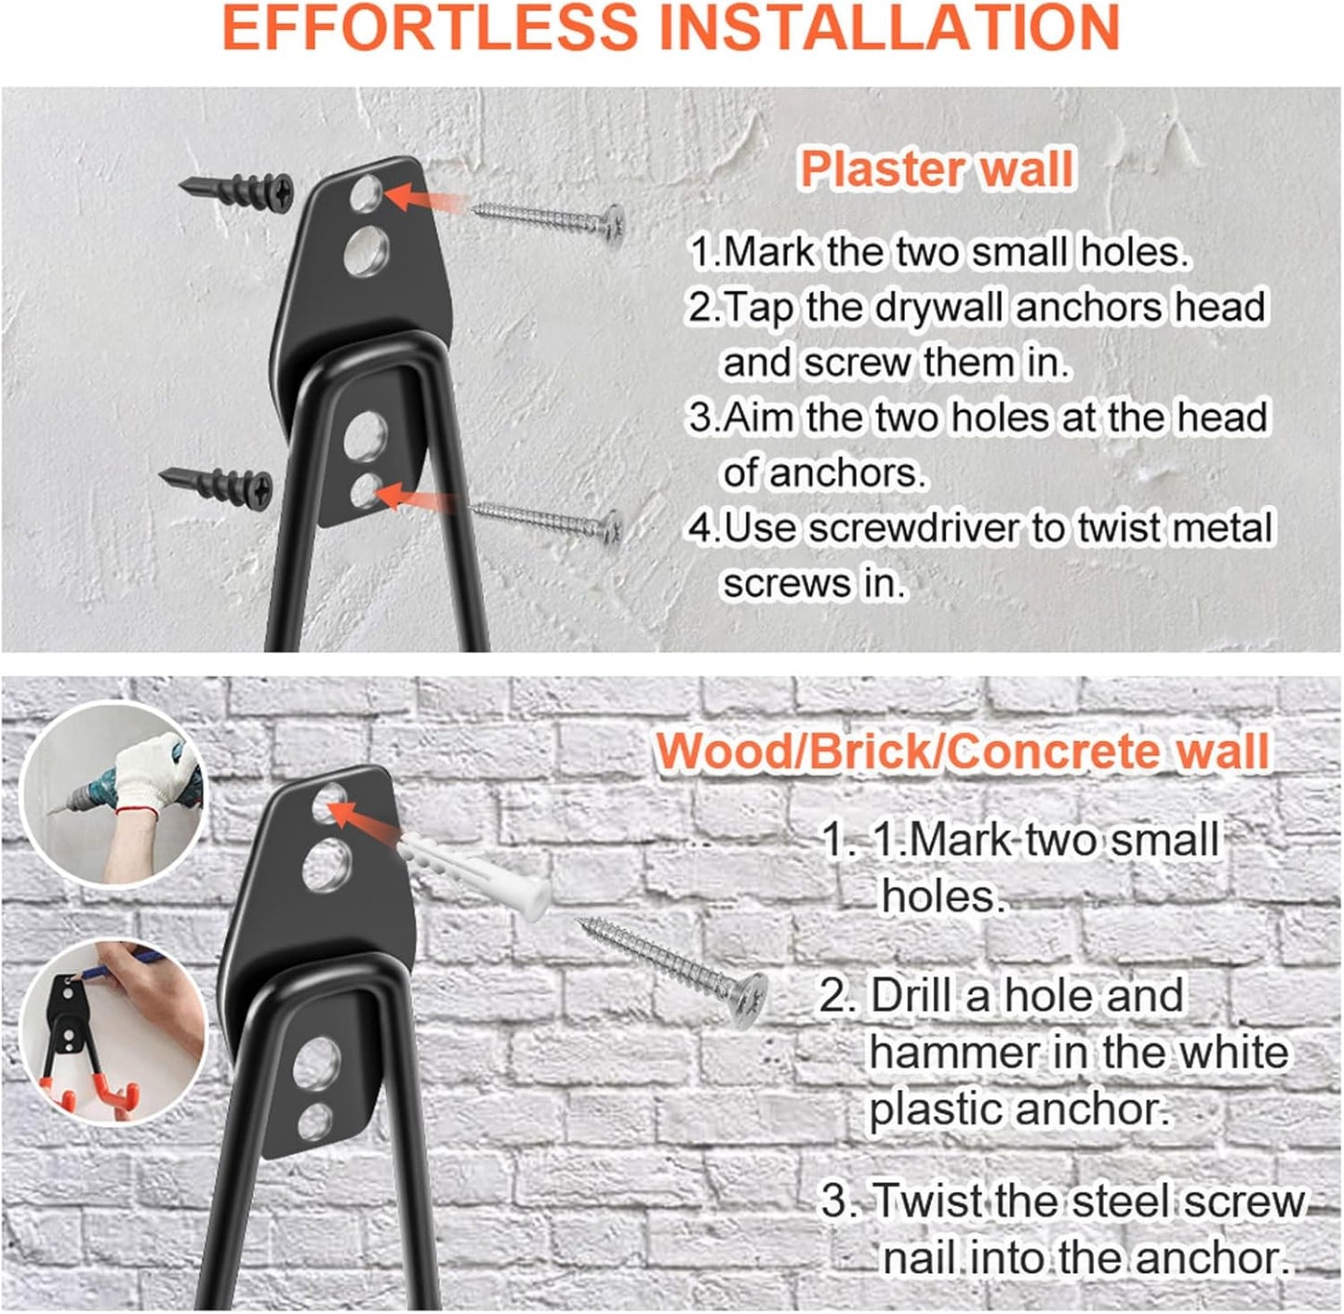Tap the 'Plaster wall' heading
(937, 169)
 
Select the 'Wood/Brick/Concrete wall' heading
(962, 751)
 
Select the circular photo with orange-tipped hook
(113, 1032)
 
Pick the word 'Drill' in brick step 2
(911, 996)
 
